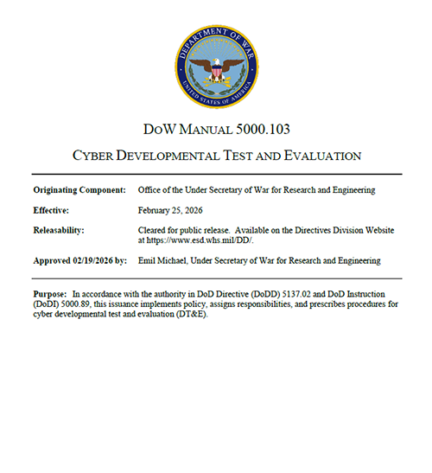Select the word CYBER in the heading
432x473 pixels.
click(120, 157)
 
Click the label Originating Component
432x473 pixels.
click(79, 189)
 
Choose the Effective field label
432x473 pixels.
click(54, 209)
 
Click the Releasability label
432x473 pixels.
click(60, 230)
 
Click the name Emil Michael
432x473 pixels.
click(162, 260)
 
